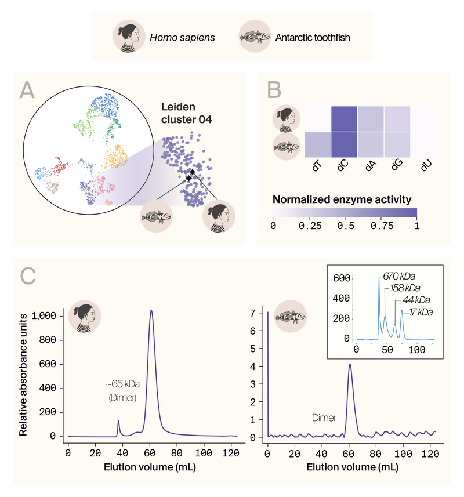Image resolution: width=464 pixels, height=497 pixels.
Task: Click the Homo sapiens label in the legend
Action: [182, 38]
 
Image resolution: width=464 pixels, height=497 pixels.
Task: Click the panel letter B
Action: [274, 90]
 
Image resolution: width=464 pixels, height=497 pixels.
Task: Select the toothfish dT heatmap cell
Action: [318, 144]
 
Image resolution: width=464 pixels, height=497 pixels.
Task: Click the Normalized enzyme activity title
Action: [342, 199]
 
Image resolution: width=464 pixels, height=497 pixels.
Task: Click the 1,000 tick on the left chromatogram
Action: [43, 316]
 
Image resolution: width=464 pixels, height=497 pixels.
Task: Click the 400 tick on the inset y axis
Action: [342, 298]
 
